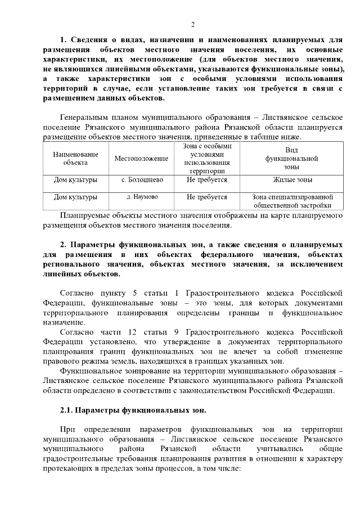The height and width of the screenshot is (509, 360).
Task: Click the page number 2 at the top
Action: click(x=192, y=24)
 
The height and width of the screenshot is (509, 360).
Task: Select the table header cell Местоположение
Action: click(x=141, y=159)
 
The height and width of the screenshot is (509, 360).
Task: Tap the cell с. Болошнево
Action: click(x=141, y=180)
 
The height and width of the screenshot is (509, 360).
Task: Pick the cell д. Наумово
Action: click(x=142, y=197)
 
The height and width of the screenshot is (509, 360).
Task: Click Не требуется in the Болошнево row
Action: click(x=207, y=180)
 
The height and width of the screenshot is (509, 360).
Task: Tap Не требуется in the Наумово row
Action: click(x=207, y=197)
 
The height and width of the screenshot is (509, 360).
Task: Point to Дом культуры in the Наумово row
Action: click(x=75, y=197)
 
